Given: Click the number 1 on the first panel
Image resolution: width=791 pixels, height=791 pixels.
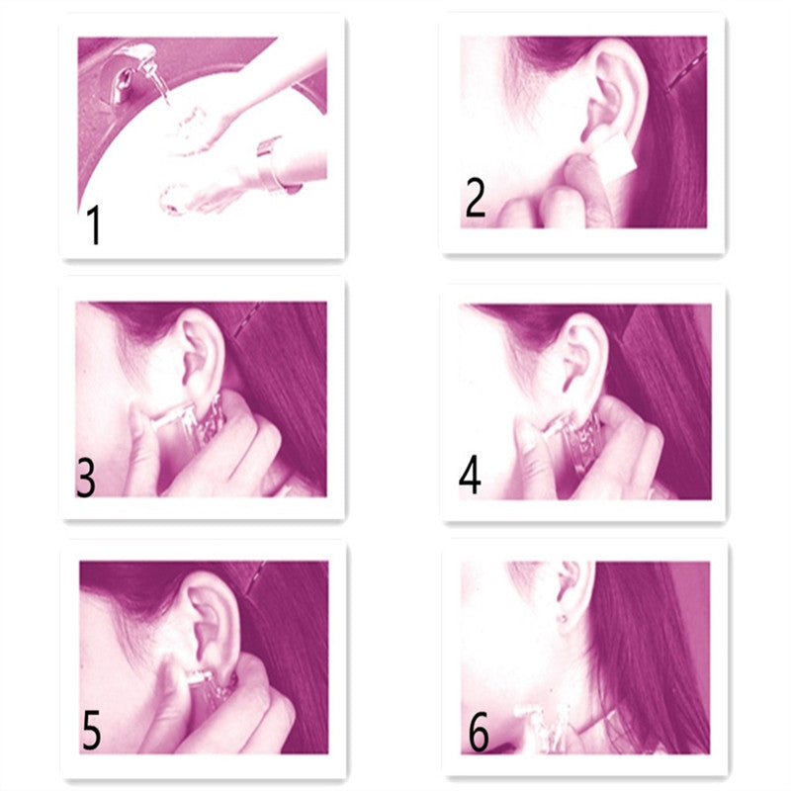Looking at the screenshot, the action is coord(94,224).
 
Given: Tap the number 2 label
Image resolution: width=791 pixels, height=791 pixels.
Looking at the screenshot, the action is coord(476,198).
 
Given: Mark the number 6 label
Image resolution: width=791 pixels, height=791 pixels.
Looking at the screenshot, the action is coord(479,732).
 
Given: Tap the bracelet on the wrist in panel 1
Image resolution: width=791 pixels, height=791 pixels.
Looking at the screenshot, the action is coord(276,165).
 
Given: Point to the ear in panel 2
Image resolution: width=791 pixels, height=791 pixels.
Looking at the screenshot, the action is coord(613,92).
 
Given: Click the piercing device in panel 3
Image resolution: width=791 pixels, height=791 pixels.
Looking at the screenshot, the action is coord(193,421).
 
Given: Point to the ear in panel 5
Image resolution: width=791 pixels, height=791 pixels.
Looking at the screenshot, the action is coord(212,622).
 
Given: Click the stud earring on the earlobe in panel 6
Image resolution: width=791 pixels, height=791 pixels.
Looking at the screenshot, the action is coord(562,618).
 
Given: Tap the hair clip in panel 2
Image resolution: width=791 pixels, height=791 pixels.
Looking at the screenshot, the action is coord(687,69).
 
